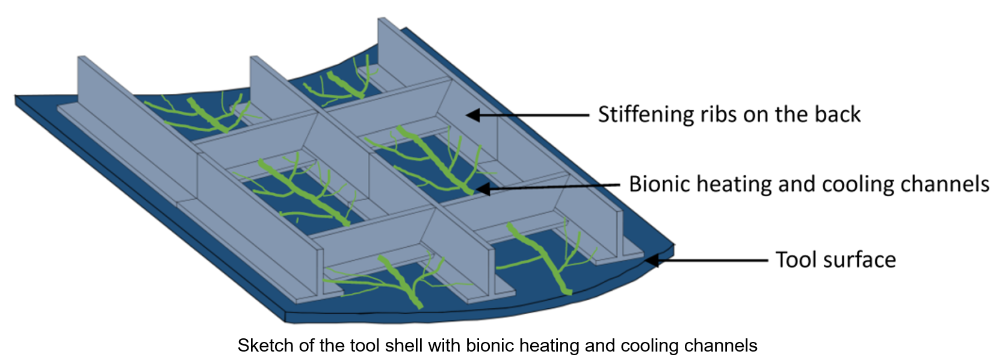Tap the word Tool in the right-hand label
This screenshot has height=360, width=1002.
coord(794,260)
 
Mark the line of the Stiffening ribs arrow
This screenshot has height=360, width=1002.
coord(536,114)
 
